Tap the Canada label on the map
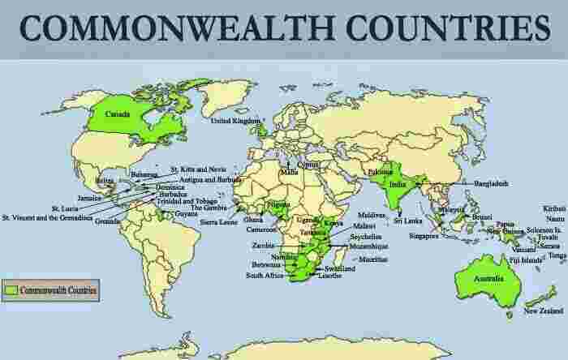(114, 114)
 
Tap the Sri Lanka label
(407, 219)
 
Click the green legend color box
(11, 289)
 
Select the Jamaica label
(89, 197)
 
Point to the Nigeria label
(278, 205)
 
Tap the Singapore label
(423, 236)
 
